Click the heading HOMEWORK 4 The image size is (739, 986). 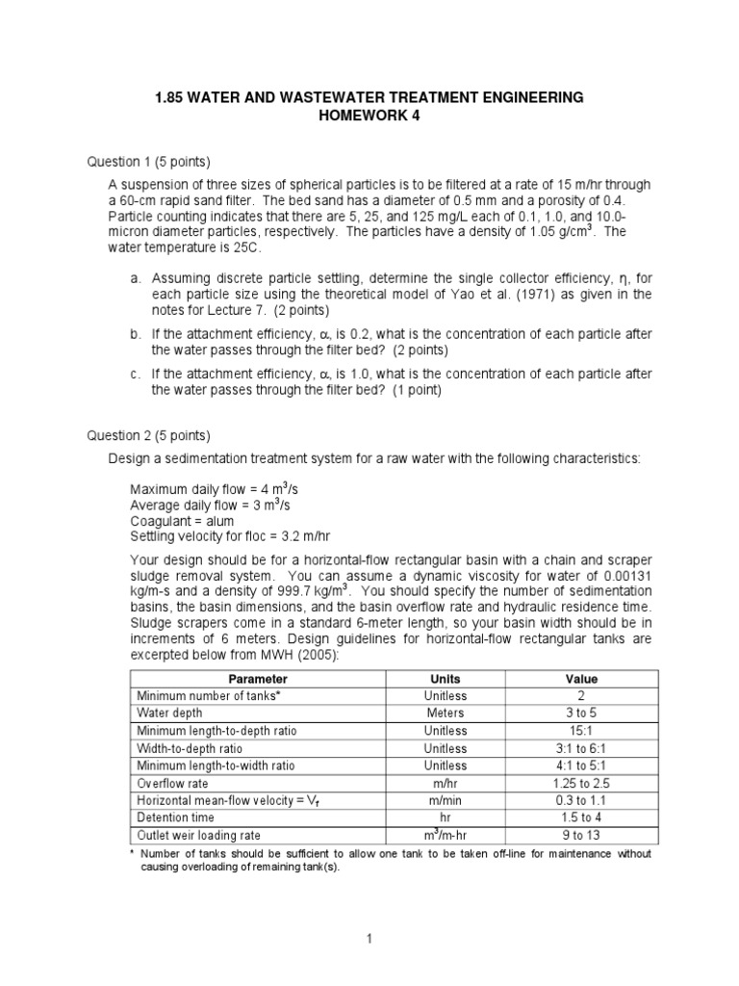pos(369,116)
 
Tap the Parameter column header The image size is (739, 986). pos(257,679)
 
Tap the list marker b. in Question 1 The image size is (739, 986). pos(135,332)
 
